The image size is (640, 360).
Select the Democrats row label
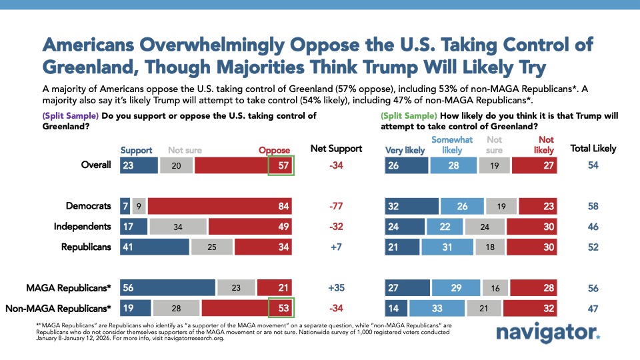(89, 207)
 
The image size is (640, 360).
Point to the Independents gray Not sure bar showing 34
(177, 227)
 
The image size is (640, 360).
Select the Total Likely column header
(593, 149)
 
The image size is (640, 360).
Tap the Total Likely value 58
(593, 207)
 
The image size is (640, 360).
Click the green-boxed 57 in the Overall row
(280, 165)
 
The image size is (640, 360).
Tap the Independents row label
(82, 227)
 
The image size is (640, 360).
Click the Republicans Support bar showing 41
(155, 247)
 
